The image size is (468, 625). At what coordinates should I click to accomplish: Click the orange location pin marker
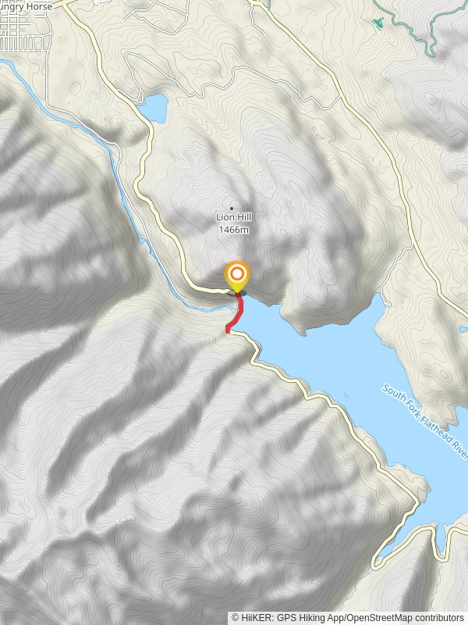tap(237, 276)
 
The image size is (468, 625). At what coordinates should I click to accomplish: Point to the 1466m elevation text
tap(235, 229)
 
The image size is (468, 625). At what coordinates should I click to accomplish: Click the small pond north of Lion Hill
tap(154, 108)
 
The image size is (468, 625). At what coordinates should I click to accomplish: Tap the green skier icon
tap(378, 23)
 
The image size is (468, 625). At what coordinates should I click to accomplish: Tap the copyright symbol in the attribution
tap(235, 617)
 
